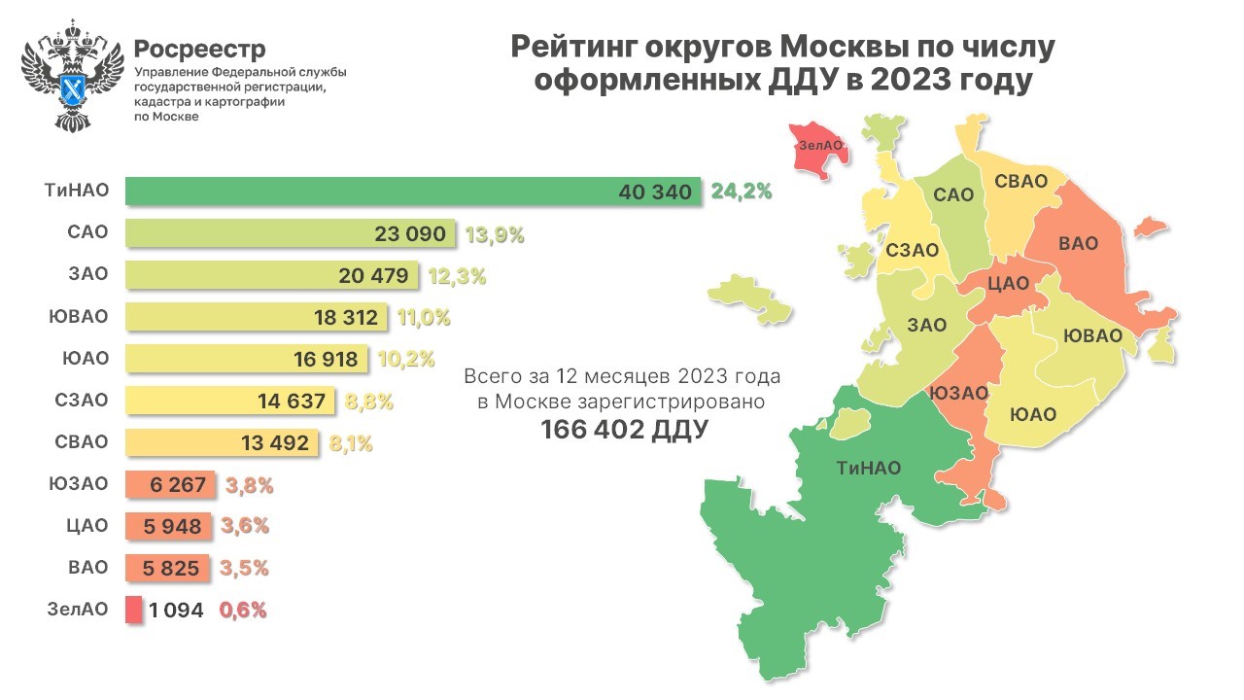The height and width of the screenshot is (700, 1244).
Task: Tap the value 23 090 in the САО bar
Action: tap(409, 233)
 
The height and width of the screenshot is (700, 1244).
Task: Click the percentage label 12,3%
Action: tap(456, 275)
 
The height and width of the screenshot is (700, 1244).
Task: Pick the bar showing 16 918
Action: tap(247, 359)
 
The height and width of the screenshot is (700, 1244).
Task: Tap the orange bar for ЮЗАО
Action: tap(171, 484)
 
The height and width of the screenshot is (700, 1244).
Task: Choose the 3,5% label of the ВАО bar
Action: tap(246, 568)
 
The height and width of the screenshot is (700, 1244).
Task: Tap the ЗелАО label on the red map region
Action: tap(819, 146)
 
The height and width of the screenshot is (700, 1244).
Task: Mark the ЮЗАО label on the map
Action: tap(958, 393)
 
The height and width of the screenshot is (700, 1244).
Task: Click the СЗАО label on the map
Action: tap(911, 251)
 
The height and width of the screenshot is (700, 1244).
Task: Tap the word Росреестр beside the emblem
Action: tap(199, 49)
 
